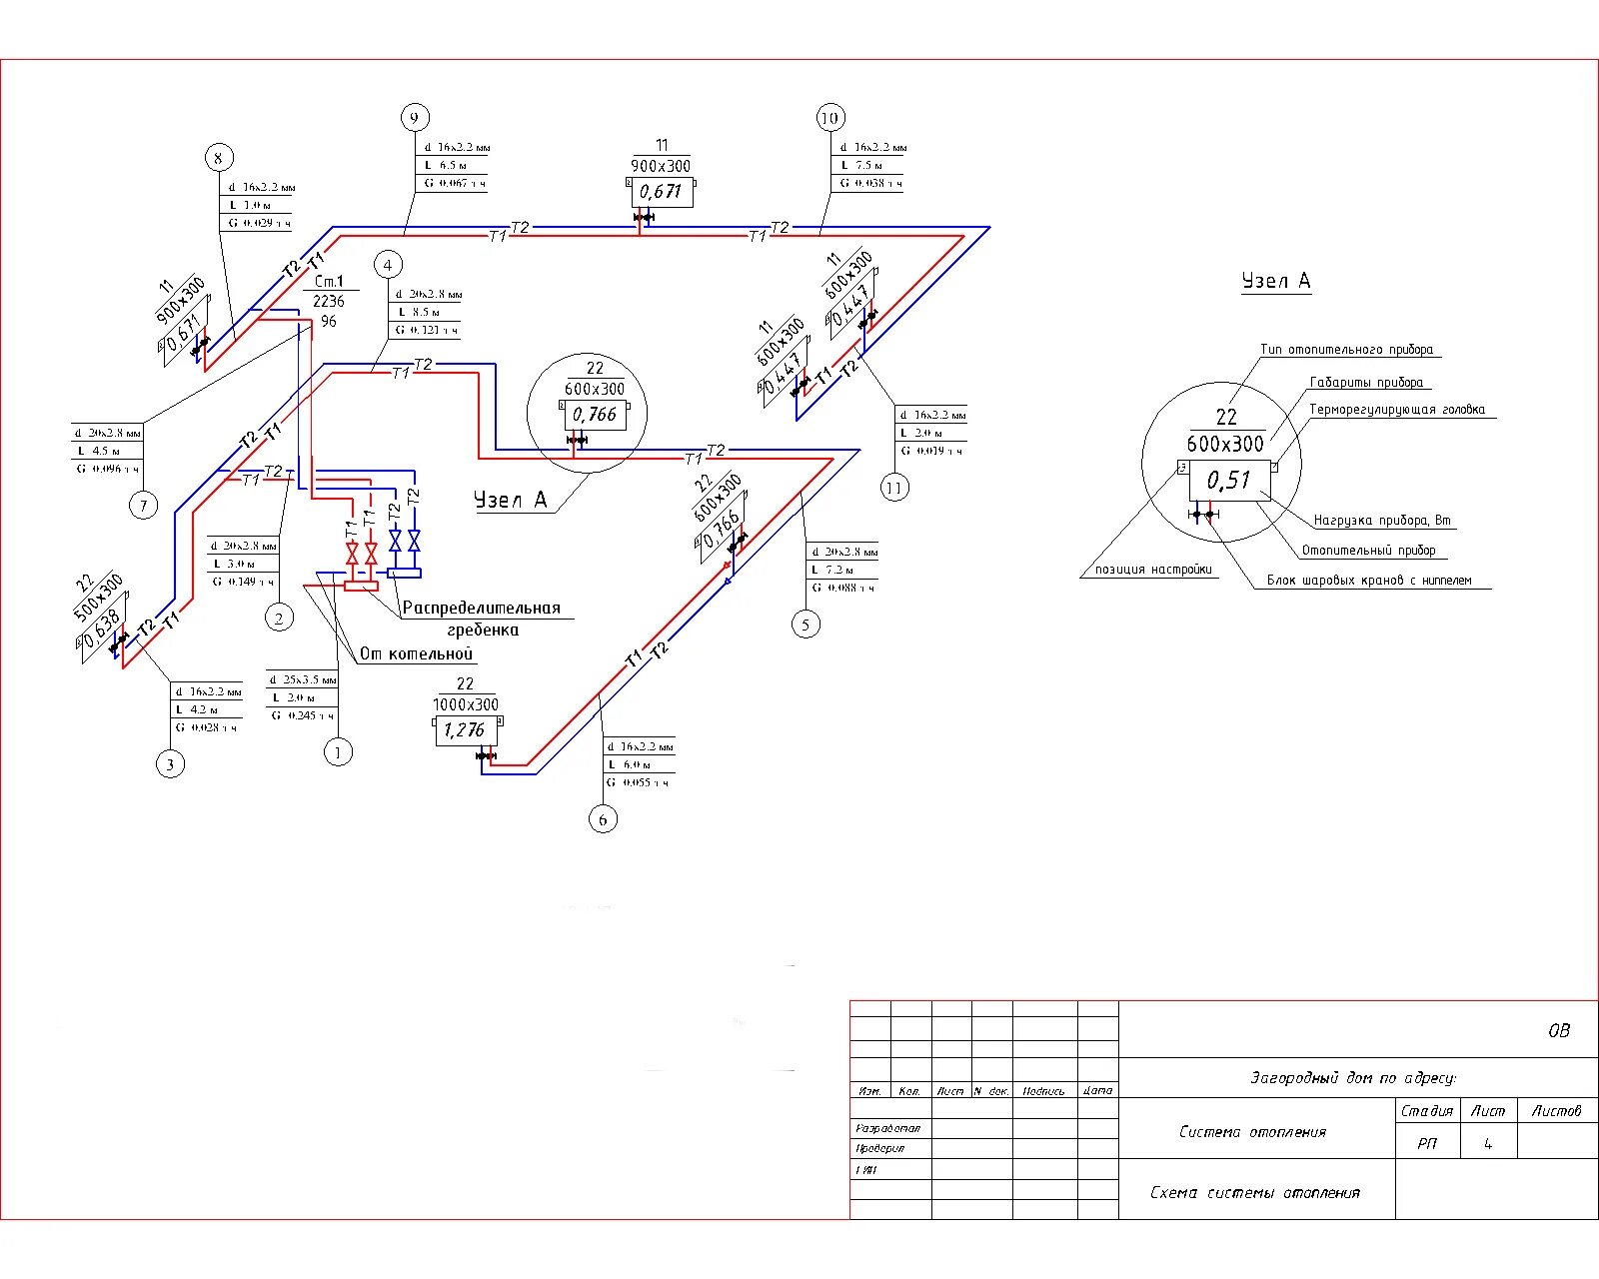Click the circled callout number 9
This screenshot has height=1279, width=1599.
(x=415, y=118)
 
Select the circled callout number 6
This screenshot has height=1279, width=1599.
(x=603, y=819)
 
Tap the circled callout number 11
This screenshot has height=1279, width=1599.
(x=894, y=488)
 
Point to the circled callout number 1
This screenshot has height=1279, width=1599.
(x=339, y=752)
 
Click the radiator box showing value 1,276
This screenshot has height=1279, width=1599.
(x=465, y=730)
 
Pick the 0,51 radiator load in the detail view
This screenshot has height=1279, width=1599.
(x=1228, y=481)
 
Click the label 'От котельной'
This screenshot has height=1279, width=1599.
(x=416, y=653)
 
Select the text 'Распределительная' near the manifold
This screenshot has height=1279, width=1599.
(x=482, y=608)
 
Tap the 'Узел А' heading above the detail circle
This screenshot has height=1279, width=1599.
(x=1275, y=281)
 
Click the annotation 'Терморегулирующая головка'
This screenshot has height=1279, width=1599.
(x=1397, y=410)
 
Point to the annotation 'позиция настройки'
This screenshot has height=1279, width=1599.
(x=1153, y=570)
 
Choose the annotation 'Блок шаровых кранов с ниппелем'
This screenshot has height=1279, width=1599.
(x=1369, y=580)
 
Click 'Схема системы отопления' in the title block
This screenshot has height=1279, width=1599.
(x=1254, y=1192)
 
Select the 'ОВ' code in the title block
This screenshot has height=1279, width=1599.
(x=1558, y=1030)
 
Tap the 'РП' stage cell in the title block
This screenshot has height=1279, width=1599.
(x=1427, y=1143)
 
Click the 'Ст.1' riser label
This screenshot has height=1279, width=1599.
(x=329, y=282)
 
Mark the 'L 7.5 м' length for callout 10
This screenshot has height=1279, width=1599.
(x=862, y=165)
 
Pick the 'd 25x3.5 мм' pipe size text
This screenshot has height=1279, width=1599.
(x=304, y=679)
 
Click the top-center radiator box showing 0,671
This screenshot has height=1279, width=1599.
(x=661, y=191)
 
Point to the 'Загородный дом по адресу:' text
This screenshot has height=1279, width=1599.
(x=1353, y=1077)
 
